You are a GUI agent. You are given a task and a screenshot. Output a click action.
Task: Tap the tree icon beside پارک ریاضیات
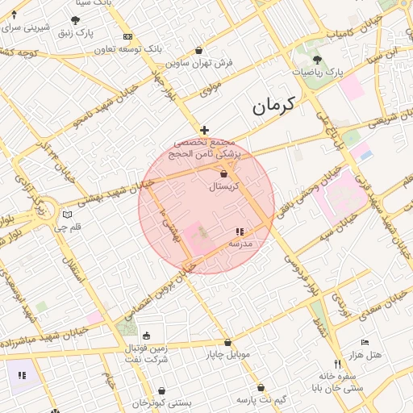316,60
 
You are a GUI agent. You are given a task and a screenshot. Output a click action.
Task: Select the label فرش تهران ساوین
199,62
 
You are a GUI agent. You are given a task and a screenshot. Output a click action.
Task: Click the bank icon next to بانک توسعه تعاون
127,37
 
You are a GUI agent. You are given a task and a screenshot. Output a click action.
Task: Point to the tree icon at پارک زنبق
76,20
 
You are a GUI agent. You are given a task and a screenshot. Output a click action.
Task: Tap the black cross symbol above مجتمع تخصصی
205,130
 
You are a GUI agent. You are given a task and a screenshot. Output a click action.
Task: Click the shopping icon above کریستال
223,173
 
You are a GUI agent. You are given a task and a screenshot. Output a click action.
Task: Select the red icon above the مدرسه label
240,232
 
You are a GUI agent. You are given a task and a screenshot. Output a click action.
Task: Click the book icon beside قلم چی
67,215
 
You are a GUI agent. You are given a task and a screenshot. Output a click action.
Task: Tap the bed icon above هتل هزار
365,343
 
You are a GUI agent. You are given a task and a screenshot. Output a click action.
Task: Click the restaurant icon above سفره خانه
337,364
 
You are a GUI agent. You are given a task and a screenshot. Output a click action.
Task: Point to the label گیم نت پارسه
262,399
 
